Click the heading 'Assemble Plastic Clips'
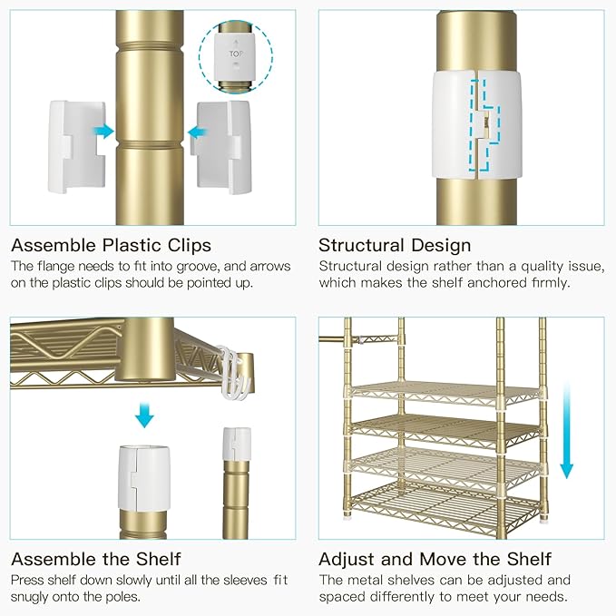tap(111, 245)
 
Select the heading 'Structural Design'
tap(395, 245)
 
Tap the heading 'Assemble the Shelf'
tap(95, 559)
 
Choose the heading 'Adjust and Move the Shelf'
tap(435, 559)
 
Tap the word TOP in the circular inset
tap(236, 54)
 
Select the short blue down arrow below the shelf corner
tap(144, 415)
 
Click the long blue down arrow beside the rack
tap(567, 431)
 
